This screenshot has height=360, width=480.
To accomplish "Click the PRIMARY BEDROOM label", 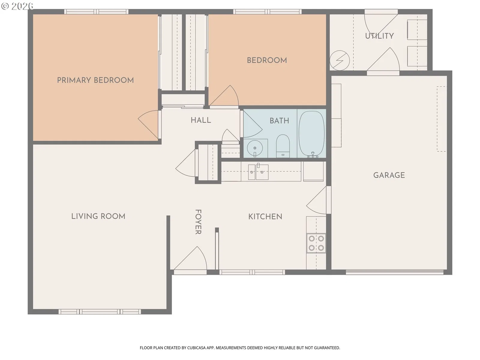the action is pyautogui.click(x=95, y=80).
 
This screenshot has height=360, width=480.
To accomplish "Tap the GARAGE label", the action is pyautogui.click(x=389, y=175).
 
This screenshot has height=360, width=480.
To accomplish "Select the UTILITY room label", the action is pyautogui.click(x=379, y=36).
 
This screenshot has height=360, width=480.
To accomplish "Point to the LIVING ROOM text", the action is pyautogui.click(x=98, y=216).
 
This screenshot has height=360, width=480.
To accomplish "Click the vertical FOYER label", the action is pyautogui.click(x=198, y=222).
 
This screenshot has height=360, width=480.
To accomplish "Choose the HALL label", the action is pyautogui.click(x=201, y=120).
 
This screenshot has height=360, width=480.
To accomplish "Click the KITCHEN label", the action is pyautogui.click(x=265, y=217).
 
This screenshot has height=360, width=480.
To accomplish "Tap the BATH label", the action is pyautogui.click(x=279, y=121).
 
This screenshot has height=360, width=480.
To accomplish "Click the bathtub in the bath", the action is pyautogui.click(x=311, y=134).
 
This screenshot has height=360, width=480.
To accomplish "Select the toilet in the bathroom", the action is pyautogui.click(x=283, y=146).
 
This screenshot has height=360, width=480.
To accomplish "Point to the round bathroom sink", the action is pyautogui.click(x=255, y=148).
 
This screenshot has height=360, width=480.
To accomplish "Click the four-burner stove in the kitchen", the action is pyautogui.click(x=316, y=243).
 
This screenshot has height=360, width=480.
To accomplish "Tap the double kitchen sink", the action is pyautogui.click(x=258, y=172).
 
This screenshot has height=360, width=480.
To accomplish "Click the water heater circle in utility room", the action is pyautogui.click(x=340, y=61).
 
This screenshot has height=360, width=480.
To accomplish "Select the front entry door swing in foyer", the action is pyautogui.click(x=190, y=258).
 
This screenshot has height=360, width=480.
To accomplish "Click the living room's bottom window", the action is pyautogui.click(x=100, y=311).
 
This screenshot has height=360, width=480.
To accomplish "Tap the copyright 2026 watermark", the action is pyautogui.click(x=17, y=6).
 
